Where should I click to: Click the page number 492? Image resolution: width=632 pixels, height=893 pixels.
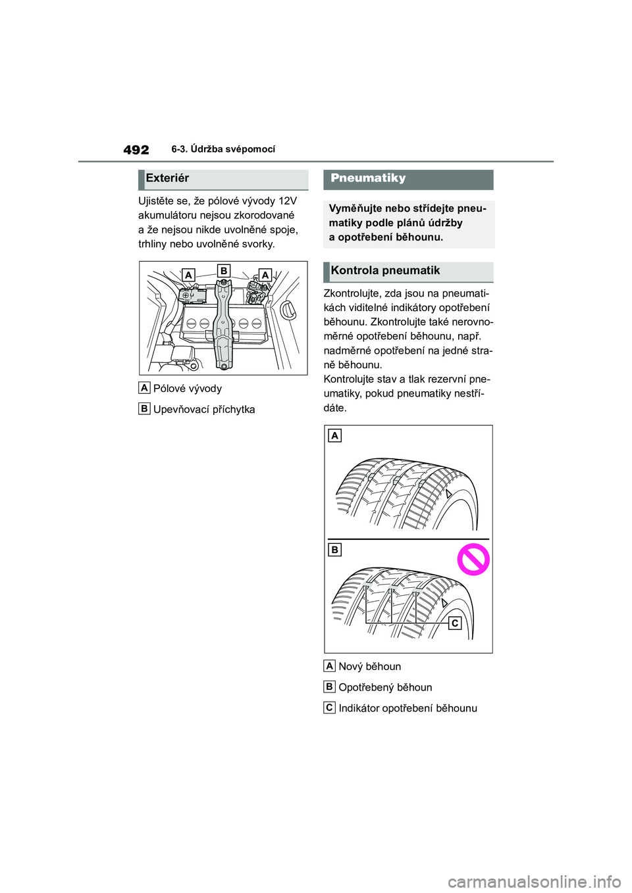136,150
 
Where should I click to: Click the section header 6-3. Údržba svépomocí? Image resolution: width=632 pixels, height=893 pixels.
223,149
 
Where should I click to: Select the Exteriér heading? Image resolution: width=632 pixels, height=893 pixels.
168,178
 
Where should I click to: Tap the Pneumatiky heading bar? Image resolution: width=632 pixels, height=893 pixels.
369,178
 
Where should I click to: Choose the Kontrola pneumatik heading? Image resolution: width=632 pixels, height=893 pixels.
386,271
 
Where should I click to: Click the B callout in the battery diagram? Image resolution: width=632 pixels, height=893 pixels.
224,270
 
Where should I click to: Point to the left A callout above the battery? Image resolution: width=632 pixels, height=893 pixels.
188,275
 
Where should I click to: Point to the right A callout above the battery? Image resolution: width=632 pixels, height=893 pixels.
265,275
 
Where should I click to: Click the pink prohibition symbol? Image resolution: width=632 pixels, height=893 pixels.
473,560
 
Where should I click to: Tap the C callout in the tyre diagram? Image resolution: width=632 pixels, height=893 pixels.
454,623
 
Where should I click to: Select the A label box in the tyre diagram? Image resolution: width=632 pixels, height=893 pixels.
335,435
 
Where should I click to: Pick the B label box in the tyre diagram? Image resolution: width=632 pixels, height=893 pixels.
335,549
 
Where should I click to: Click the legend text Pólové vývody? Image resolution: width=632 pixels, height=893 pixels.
188,389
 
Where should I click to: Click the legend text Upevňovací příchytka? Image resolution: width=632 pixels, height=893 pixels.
204,410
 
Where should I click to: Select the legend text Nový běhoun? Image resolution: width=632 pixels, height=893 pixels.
369,667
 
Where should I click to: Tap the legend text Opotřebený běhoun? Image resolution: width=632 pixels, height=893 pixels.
385,688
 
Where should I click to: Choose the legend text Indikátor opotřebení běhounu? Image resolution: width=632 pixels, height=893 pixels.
408,709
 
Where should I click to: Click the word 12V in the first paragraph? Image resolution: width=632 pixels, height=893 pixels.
288,201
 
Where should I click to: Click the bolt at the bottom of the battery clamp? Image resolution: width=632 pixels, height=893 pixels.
224,365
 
